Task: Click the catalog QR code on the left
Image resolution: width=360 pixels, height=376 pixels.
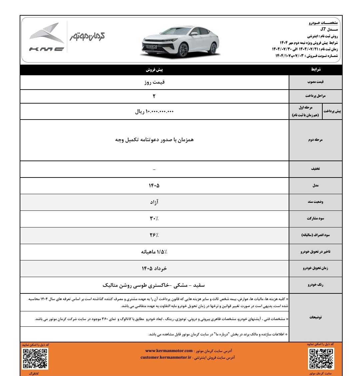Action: tap(35, 358)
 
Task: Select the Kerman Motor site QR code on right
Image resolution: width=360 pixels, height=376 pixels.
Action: tap(321, 358)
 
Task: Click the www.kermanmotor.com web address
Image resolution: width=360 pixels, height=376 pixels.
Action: tap(169, 351)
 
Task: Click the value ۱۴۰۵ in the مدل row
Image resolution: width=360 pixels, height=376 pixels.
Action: tap(154, 186)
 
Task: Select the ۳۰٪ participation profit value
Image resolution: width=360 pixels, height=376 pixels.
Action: tap(154, 218)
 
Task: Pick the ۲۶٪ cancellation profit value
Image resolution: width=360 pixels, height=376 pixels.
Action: tap(154, 235)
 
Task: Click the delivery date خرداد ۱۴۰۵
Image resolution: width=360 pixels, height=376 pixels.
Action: tap(154, 268)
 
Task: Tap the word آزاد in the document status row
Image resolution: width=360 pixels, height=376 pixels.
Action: tap(154, 202)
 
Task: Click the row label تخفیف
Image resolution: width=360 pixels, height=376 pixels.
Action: tap(315, 169)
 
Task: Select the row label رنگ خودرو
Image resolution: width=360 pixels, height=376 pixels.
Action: tap(315, 285)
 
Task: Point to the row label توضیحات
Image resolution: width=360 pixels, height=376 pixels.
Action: tap(315, 317)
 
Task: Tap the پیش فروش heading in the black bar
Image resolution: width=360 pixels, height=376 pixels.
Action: tap(154, 70)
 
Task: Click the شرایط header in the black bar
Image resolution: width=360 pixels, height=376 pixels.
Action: tap(316, 70)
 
